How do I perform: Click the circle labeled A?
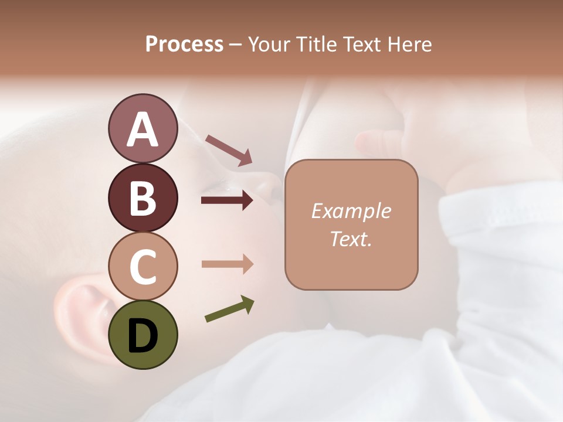coord(143,129)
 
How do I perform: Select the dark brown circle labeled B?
coord(143,198)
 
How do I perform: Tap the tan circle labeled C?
coord(143,266)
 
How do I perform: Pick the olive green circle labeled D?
coord(143,335)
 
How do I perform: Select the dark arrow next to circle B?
coord(227,201)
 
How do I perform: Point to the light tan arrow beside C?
coord(227,264)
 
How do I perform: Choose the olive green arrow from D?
coord(229,309)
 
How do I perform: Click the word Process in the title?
coord(184,44)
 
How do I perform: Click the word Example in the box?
coord(351,211)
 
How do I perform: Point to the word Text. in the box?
coord(351,239)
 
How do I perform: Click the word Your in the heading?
coord(268,44)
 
